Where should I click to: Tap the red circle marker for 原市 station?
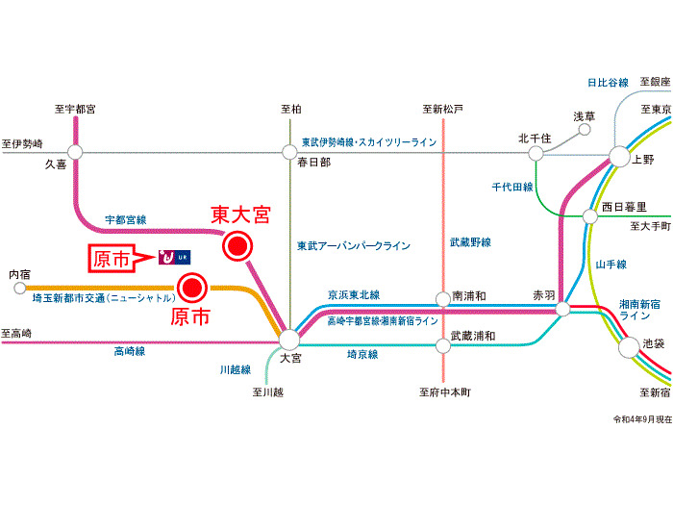[x=192, y=286]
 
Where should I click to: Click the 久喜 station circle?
[x=75, y=151]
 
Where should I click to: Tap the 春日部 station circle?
[x=289, y=151]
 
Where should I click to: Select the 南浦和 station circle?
[x=443, y=298]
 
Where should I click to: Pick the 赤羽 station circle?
[x=563, y=309]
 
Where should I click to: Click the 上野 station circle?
[x=618, y=157]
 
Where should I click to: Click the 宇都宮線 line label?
[x=126, y=219]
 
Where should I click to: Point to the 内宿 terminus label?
[x=19, y=274]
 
